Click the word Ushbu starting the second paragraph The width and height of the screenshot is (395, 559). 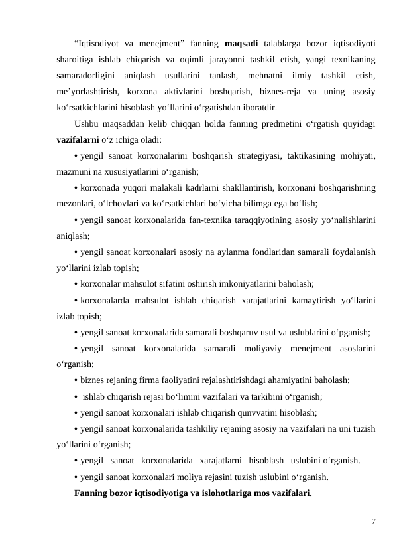(87, 125)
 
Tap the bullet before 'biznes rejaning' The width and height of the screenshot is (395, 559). (76, 380)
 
